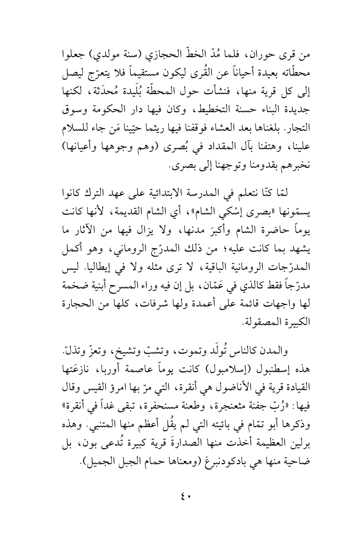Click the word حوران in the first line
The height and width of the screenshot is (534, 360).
[x=272, y=55]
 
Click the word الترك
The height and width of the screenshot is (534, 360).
[x=96, y=192]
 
